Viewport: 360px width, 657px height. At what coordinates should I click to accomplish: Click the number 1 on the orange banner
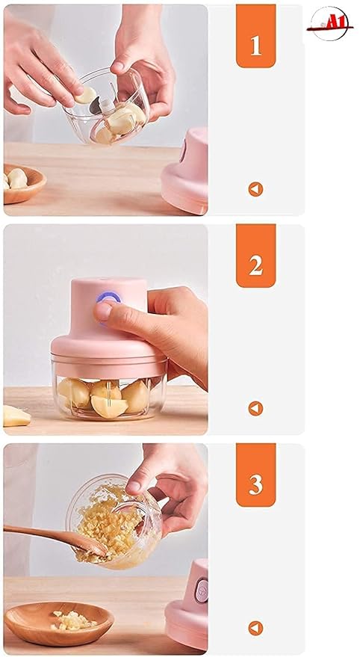[255, 45]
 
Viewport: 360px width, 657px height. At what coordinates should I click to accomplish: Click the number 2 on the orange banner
[255, 265]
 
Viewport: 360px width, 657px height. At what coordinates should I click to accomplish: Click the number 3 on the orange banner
[255, 484]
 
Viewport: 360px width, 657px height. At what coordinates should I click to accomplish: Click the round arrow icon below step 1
[255, 189]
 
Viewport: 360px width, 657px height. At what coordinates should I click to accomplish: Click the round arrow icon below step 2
[255, 408]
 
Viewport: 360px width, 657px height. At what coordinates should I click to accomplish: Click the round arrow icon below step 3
[255, 628]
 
